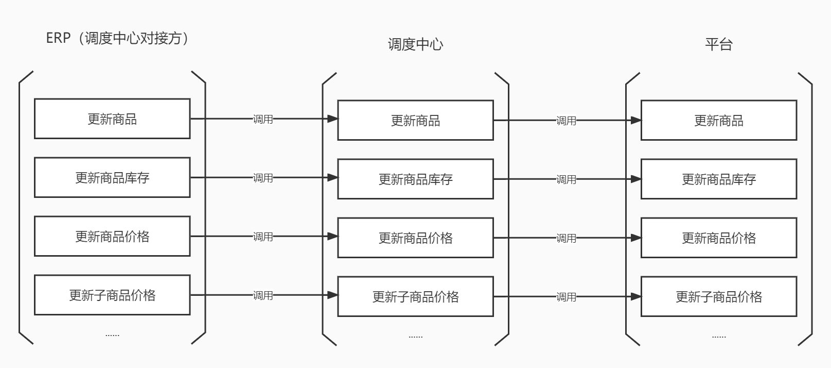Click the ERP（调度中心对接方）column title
tap(118, 38)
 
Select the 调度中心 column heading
tap(415, 44)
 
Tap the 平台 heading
tap(718, 44)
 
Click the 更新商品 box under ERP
tap(112, 119)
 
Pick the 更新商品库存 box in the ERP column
tap(112, 178)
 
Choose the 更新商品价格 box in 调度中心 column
tap(415, 238)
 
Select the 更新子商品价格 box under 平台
tap(718, 296)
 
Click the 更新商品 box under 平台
tap(718, 121)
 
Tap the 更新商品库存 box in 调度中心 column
tap(415, 179)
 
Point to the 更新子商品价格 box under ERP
tap(112, 295)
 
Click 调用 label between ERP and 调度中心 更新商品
tap(262, 119)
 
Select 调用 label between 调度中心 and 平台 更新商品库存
tap(566, 179)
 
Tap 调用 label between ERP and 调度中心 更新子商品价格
tap(262, 295)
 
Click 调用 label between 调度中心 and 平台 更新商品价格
tap(566, 238)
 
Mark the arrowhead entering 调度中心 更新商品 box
tap(332, 119)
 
